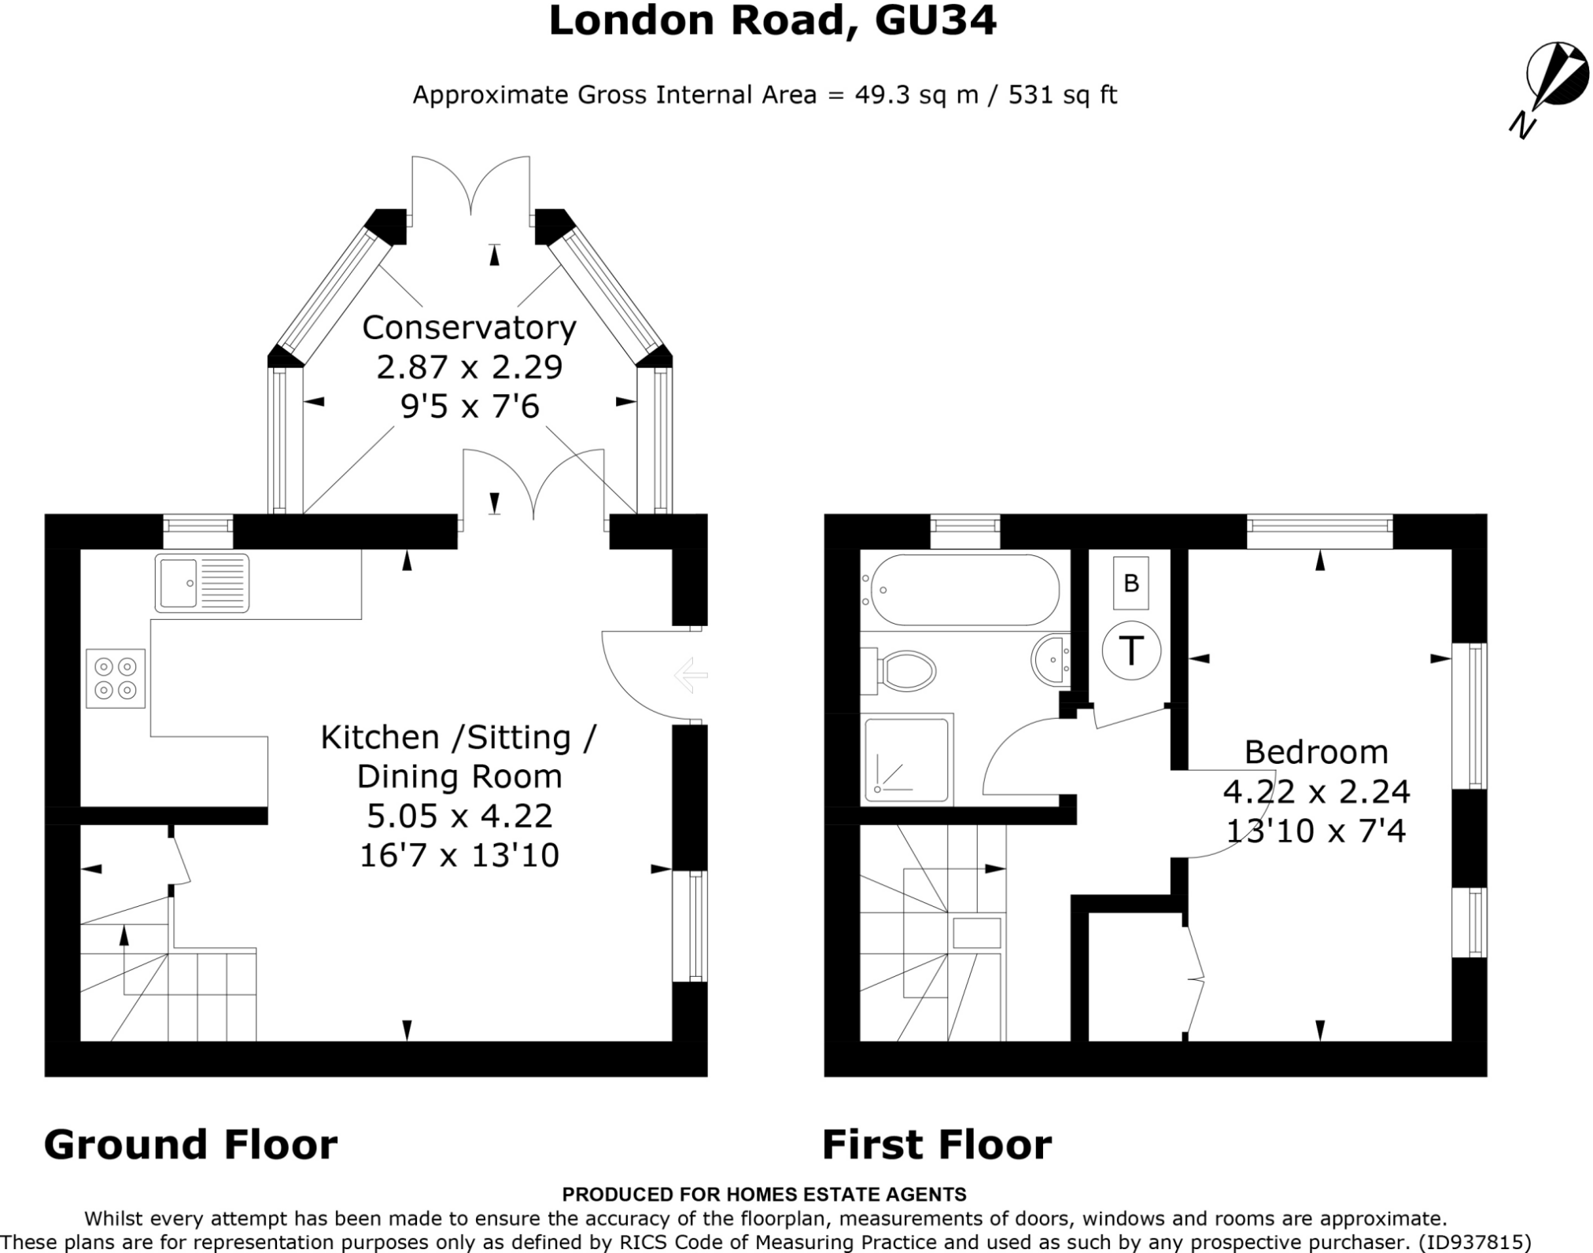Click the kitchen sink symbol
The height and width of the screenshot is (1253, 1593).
201,583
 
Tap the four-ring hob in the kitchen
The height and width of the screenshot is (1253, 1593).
116,678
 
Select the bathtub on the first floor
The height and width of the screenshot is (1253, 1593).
961,590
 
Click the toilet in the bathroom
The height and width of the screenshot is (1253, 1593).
902,671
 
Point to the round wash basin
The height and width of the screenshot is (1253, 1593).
1049,661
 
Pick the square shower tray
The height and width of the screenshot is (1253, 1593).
906,758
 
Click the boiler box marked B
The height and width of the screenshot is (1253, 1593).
1131,583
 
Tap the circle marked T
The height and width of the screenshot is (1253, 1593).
1131,650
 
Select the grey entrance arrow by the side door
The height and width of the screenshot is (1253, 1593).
691,675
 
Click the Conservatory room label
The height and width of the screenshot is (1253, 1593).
469,327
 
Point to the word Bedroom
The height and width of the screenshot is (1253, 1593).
1316,752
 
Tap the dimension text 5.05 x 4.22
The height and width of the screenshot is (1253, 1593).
459,816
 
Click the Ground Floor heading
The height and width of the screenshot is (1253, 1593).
190,1144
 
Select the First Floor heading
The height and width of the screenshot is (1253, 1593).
936,1144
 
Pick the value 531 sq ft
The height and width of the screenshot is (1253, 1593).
1062,95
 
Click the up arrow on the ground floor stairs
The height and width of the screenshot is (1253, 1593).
124,936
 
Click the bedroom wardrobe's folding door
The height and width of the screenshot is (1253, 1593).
1196,980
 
